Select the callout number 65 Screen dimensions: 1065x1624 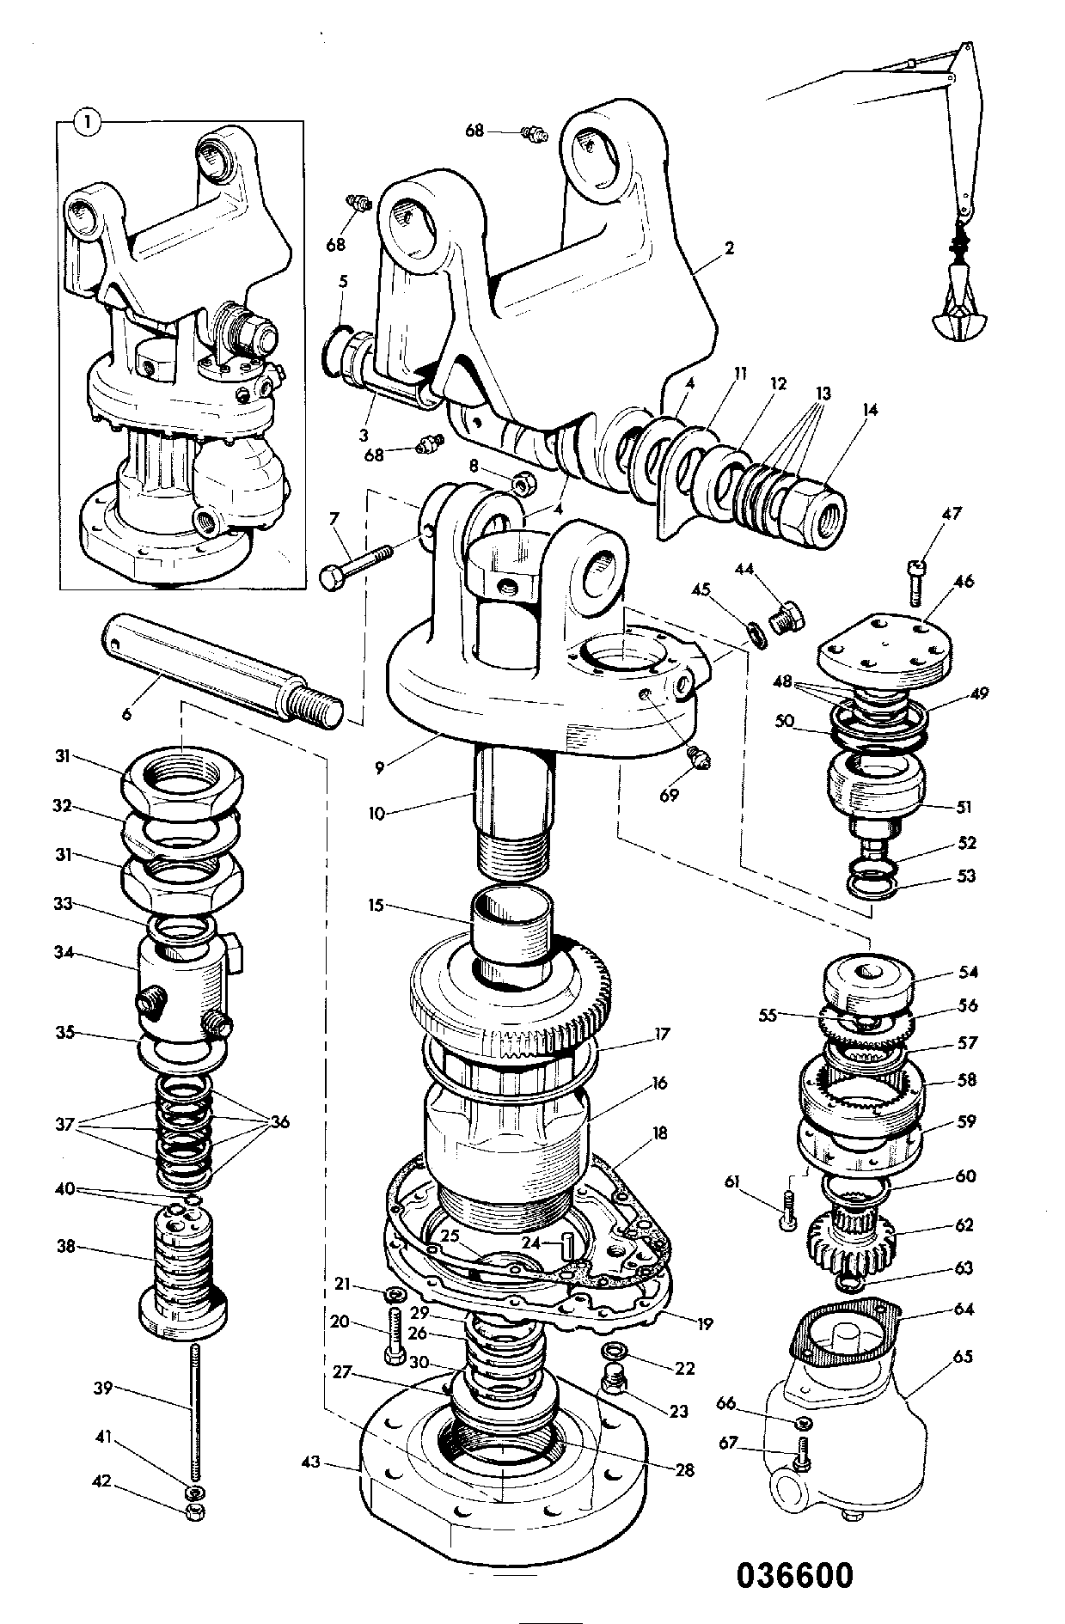click(963, 1356)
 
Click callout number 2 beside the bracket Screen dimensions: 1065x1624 click(729, 249)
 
